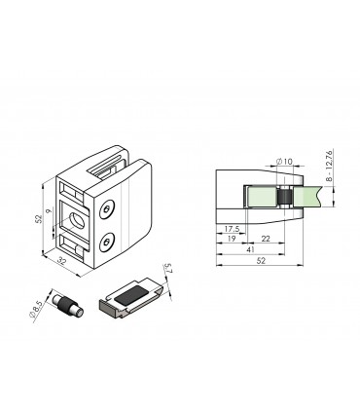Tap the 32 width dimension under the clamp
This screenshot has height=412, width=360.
tap(62, 260)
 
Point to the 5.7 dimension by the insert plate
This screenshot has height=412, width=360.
tap(167, 273)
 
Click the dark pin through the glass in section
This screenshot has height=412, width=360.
tap(283, 198)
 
